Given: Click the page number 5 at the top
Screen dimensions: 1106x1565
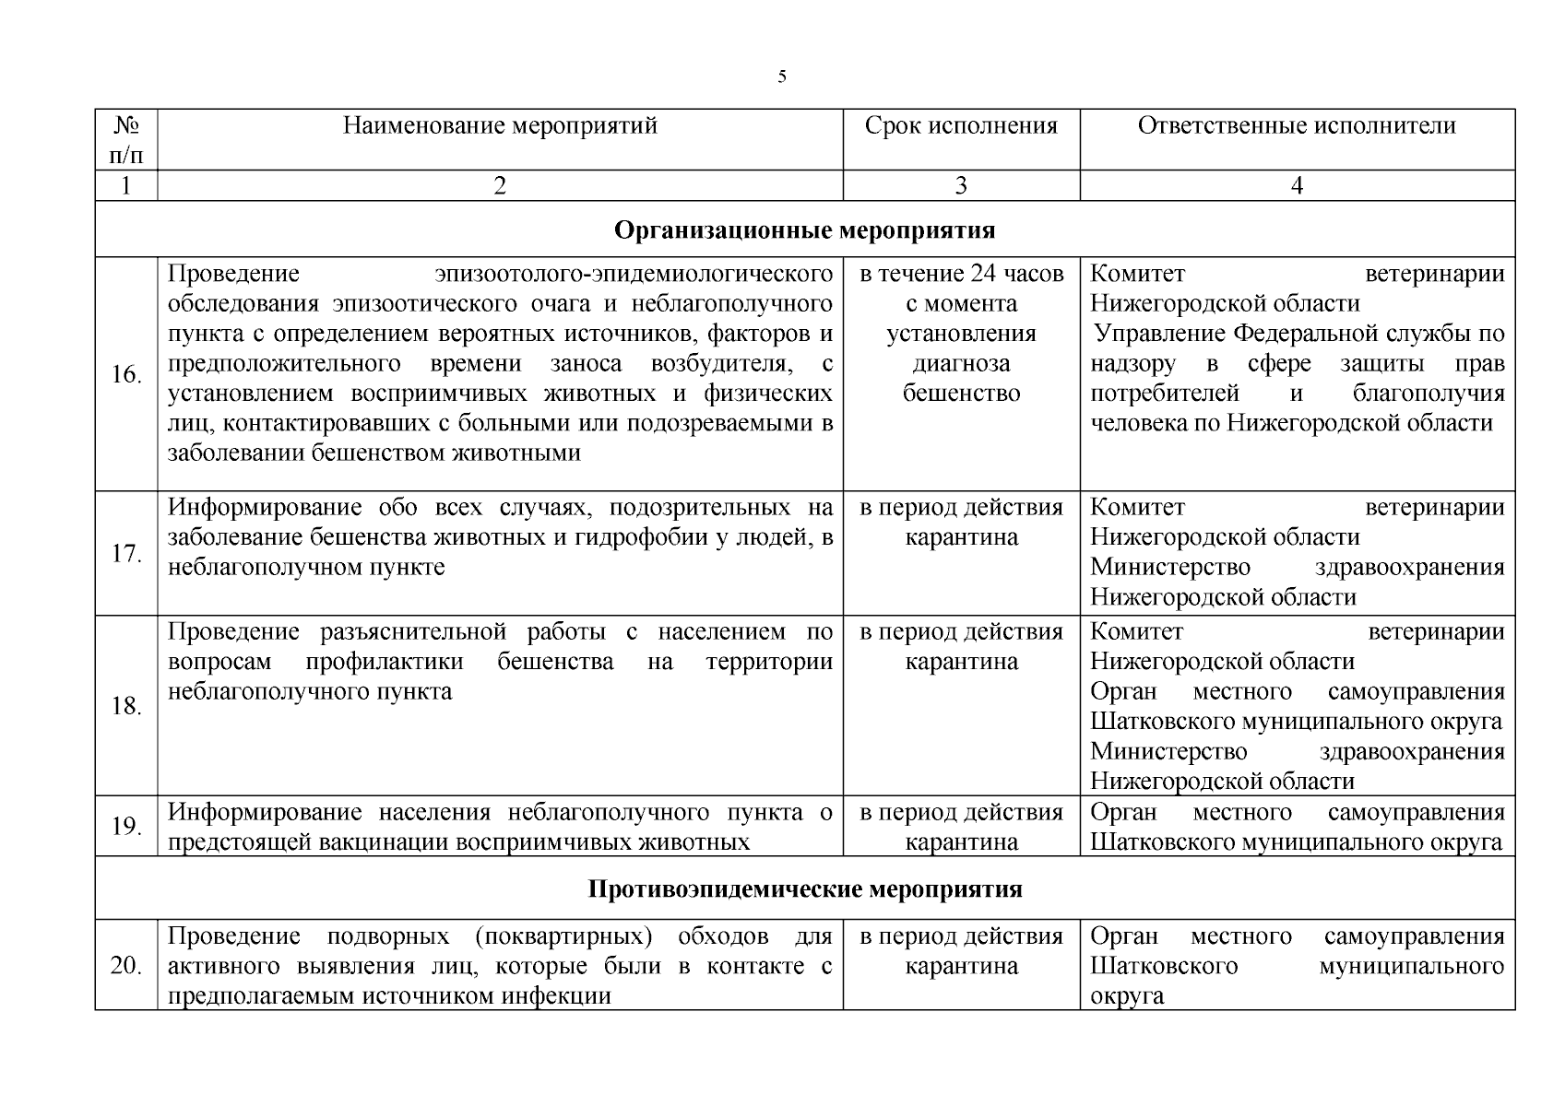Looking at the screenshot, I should point(782,77).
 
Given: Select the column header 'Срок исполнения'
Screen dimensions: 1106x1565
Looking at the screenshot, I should point(961,126).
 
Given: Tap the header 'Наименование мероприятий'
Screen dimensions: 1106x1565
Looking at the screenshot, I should point(500,126).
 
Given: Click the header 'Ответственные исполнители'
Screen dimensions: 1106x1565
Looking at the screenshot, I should point(1297,126).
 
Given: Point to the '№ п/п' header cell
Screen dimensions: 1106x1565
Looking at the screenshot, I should point(126,139).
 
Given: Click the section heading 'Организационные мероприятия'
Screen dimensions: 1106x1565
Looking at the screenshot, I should point(804,229).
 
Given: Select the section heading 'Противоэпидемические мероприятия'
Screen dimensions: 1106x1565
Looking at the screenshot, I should point(804,889).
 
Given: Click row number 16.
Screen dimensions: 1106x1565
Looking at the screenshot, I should point(126,375).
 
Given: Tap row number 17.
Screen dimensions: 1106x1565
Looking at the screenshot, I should point(126,554).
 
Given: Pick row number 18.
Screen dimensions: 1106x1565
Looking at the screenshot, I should point(126,707).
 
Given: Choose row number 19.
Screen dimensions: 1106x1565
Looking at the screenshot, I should point(126,827).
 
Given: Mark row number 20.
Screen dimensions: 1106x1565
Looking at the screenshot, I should point(126,966).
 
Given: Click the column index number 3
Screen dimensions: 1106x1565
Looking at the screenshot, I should point(961,186).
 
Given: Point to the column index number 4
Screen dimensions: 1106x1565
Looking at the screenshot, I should point(1297,186).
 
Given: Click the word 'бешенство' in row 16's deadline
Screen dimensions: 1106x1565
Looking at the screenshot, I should point(961,394).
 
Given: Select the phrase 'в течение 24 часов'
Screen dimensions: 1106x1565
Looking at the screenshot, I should point(961,274).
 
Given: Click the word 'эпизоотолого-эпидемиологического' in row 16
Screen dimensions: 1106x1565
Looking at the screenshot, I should point(634,274).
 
